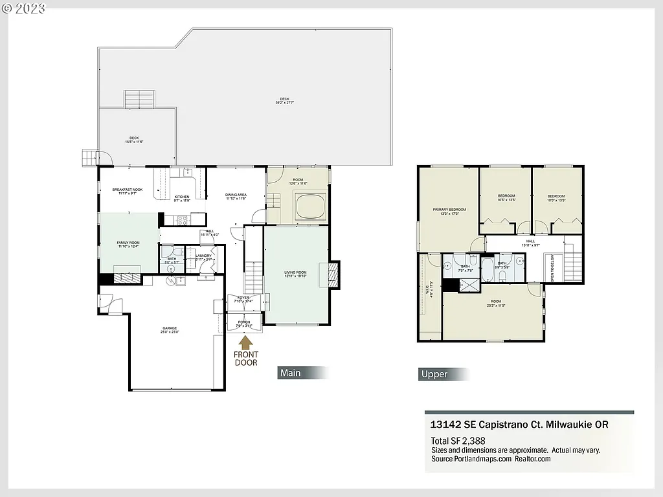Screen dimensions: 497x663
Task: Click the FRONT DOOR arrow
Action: pyautogui.click(x=247, y=341)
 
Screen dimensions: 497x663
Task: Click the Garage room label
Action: pyautogui.click(x=170, y=330)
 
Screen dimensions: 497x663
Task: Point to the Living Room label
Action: pyautogui.click(x=295, y=274)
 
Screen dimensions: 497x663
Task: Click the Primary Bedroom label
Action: pyautogui.click(x=449, y=211)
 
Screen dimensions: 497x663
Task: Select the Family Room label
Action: pyautogui.click(x=128, y=244)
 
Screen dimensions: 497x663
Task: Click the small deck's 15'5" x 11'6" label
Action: pyautogui.click(x=134, y=139)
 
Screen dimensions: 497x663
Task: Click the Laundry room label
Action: pyautogui.click(x=204, y=258)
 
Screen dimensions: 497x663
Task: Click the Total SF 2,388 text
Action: pyautogui.click(x=458, y=441)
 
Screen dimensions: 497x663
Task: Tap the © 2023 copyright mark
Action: pyautogui.click(x=25, y=8)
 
